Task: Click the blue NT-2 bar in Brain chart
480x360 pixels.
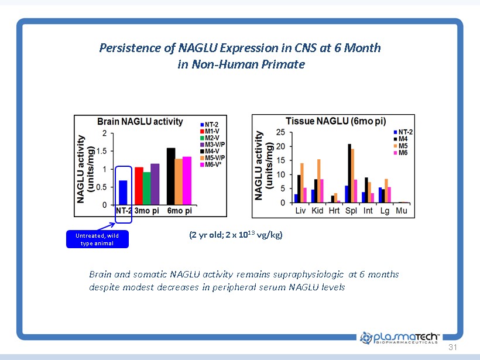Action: pyautogui.click(x=124, y=193)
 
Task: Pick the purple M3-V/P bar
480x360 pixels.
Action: pyautogui.click(x=155, y=184)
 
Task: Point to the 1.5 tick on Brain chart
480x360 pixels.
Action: pyautogui.click(x=104, y=151)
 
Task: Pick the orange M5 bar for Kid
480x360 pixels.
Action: pyautogui.click(x=319, y=181)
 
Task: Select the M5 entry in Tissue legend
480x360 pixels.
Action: pyautogui.click(x=402, y=146)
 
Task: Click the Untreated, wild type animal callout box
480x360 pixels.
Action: pyautogui.click(x=97, y=239)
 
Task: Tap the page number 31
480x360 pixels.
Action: pyautogui.click(x=451, y=347)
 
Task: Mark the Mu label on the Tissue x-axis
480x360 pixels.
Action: pyautogui.click(x=402, y=210)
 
